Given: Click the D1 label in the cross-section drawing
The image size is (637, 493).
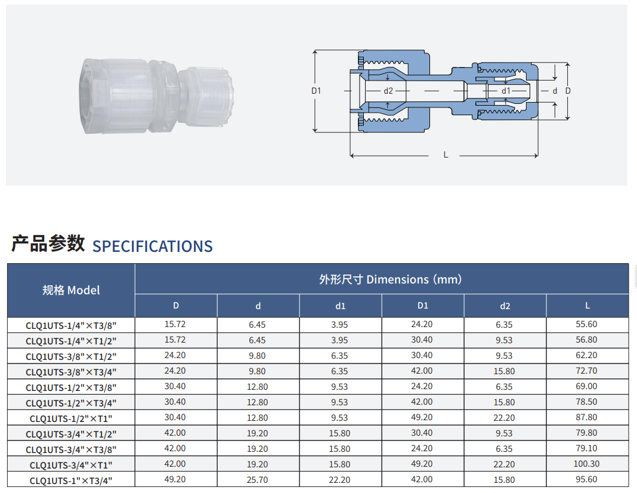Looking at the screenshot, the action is (316, 91).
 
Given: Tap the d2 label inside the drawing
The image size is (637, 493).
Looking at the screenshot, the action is (388, 91).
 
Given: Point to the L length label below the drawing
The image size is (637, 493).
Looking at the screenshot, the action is (446, 155).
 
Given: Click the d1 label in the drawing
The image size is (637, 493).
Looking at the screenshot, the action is (506, 91).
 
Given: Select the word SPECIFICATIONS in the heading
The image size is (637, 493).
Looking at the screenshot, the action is (153, 246).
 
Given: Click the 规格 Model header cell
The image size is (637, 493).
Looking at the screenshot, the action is (71, 290).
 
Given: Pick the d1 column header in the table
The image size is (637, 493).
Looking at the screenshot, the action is (341, 306).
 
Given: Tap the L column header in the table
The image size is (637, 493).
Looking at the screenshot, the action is (587, 306).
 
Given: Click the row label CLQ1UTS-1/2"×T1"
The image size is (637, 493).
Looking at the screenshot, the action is (71, 418).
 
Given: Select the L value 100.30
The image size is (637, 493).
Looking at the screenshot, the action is (587, 464).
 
